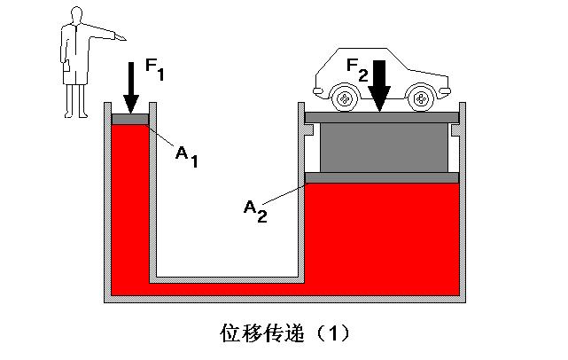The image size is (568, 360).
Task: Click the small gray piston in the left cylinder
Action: pos(129,120)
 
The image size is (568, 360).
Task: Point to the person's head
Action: pos(73,16)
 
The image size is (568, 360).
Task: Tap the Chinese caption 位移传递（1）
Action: pos(284,333)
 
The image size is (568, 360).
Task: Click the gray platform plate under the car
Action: pos(381,117)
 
